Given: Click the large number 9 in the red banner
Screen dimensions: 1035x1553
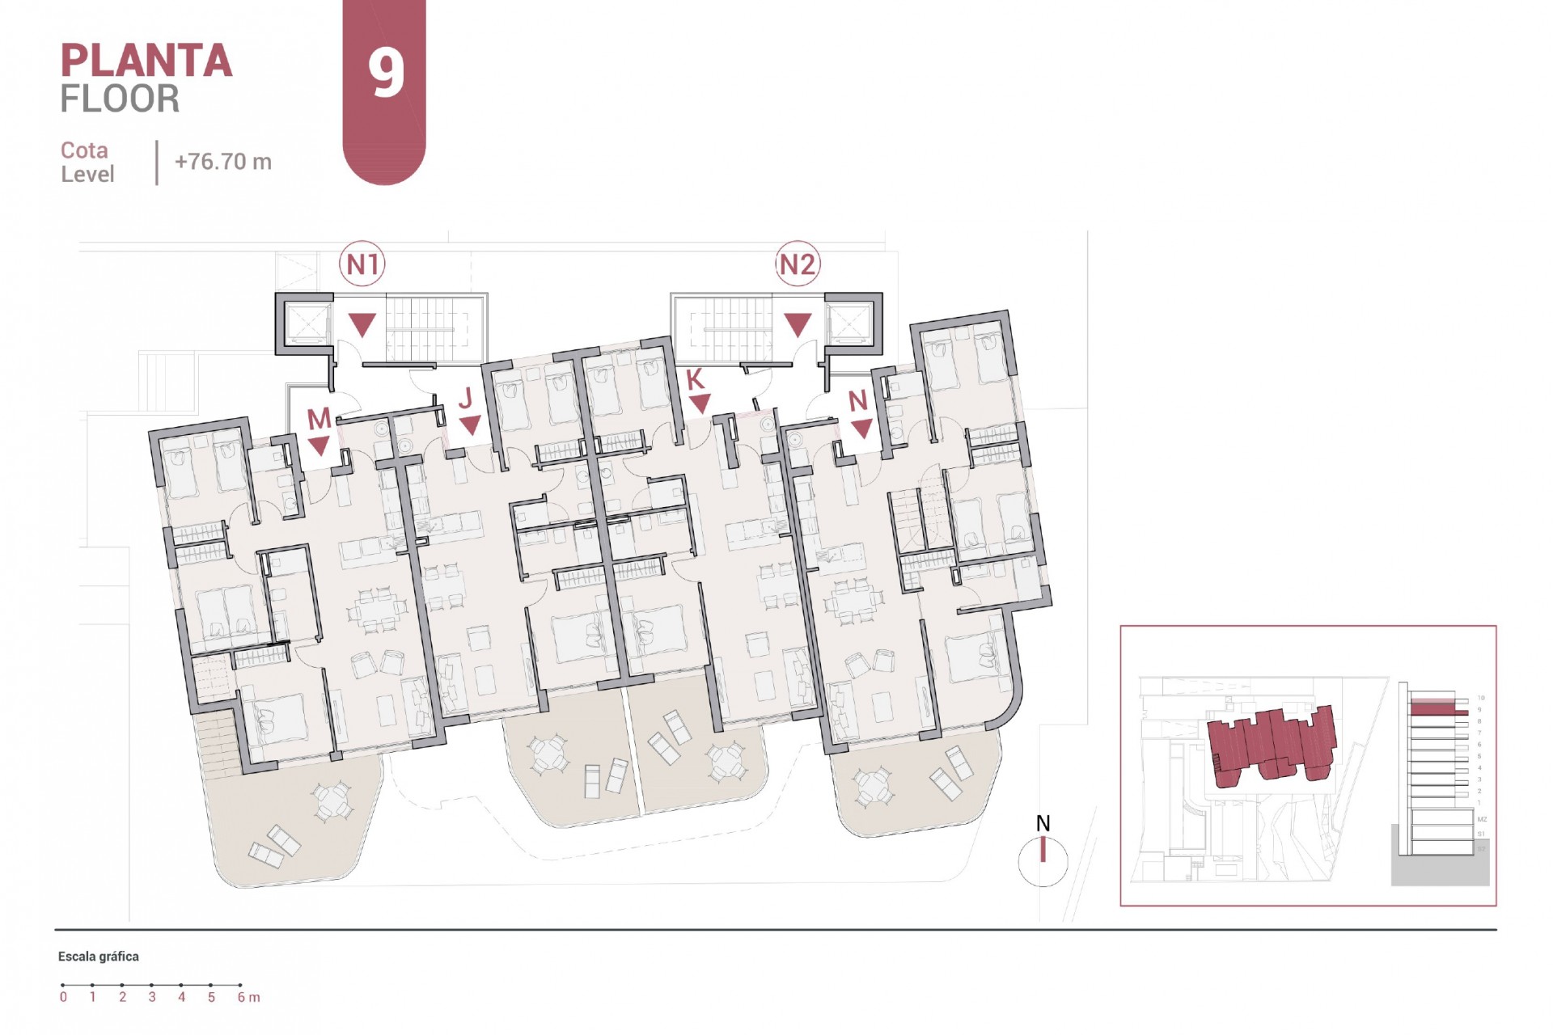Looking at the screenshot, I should [386, 73].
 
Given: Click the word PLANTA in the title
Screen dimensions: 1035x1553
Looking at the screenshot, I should [146, 61].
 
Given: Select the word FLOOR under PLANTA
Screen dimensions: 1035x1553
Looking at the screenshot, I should [120, 99].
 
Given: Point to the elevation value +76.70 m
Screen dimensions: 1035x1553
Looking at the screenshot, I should [223, 162].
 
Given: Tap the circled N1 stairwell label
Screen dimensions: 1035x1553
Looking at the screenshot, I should [362, 264].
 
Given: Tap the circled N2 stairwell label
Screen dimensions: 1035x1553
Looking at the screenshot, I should [798, 264].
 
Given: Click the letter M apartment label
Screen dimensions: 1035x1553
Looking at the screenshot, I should [319, 418].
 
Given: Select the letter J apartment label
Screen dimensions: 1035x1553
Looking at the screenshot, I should [465, 398].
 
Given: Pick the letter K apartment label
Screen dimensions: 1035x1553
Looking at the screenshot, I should [695, 379].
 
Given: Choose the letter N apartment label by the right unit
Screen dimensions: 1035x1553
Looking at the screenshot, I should [857, 400].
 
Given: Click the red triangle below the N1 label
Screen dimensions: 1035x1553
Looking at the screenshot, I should [362, 324].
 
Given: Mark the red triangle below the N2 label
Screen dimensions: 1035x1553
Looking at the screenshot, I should [798, 324].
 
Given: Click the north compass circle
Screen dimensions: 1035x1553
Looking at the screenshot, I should [1043, 861].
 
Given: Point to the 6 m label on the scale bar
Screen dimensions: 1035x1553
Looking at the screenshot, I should [248, 997].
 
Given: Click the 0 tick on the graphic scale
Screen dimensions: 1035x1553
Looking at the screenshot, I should [63, 996].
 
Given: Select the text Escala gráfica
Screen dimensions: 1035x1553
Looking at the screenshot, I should [98, 957].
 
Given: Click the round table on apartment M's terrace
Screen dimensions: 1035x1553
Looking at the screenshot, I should [332, 801].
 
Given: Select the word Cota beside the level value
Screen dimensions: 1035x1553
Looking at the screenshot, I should [84, 150].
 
